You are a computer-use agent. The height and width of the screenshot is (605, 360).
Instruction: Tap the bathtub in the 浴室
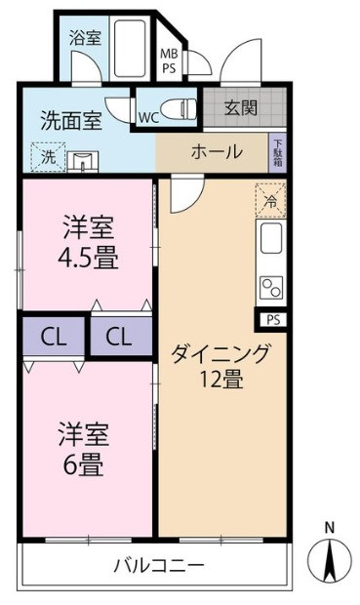130,49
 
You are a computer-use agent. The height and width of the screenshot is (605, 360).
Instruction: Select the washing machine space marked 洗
48,157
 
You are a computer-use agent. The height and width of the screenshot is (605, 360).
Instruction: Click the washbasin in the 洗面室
83,161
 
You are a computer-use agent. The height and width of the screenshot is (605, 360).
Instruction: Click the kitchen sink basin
271,238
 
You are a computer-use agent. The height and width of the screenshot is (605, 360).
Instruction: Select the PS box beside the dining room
273,320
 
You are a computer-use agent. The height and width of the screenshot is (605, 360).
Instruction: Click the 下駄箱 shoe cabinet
277,153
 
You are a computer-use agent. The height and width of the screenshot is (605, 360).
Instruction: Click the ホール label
217,151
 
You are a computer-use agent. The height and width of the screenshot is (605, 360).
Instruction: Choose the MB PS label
168,60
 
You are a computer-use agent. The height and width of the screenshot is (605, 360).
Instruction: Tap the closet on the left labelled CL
54,337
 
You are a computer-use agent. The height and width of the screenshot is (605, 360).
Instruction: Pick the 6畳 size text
84,464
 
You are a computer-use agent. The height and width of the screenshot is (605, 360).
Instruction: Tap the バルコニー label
159,566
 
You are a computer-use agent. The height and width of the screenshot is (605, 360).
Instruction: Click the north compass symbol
330,559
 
